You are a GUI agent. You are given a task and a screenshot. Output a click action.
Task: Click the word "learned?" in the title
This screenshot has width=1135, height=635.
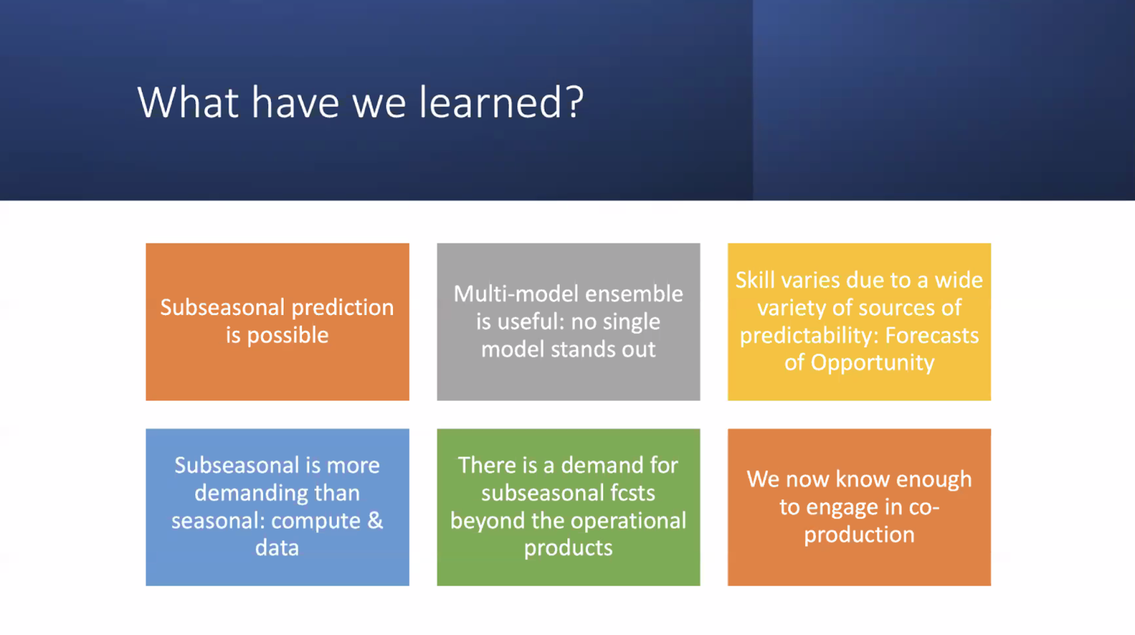(502, 103)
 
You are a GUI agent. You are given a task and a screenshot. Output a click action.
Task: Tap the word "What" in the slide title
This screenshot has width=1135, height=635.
(188, 102)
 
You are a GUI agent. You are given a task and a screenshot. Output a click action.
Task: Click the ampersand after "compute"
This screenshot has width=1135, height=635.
(375, 521)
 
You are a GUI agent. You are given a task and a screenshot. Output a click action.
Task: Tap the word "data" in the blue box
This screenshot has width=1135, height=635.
(277, 548)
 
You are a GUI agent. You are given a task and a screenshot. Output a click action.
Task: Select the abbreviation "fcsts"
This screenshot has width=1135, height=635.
(630, 493)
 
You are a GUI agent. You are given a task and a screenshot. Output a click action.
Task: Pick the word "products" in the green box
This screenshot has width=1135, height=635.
(568, 548)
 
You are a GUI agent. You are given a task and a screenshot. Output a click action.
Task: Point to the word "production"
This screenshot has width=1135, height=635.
(859, 535)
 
